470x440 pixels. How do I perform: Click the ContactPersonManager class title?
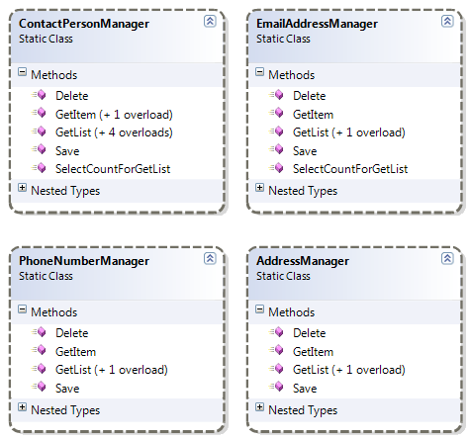[83, 22]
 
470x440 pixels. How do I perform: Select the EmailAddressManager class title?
[322, 22]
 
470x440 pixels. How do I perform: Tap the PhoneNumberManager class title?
[84, 261]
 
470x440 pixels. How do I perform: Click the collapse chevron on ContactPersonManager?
[209, 21]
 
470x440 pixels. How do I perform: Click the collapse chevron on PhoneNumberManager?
[209, 259]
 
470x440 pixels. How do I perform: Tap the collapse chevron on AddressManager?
[445, 259]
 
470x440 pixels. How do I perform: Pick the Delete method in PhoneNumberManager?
[72, 333]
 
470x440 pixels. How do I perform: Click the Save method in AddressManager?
[305, 389]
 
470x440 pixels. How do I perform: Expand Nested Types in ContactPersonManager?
[24, 188]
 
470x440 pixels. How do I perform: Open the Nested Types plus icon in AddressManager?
[260, 408]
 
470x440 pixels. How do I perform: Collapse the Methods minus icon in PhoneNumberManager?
[24, 312]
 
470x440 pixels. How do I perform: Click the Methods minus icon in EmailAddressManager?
[260, 74]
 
